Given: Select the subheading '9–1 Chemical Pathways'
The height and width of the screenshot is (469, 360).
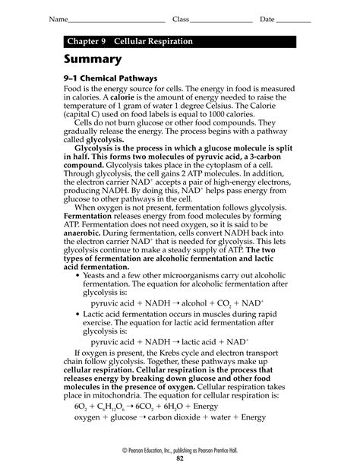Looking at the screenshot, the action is pos(110,78).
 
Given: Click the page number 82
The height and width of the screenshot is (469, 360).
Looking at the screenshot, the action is pos(180,460).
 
